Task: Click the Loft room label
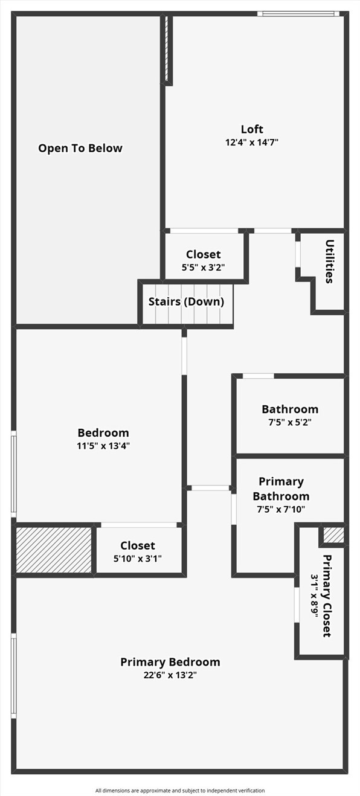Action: click(252, 129)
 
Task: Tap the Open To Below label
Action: click(80, 148)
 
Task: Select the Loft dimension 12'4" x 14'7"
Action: click(252, 143)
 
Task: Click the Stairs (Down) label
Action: click(186, 301)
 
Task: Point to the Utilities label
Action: click(329, 262)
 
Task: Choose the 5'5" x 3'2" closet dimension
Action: click(203, 268)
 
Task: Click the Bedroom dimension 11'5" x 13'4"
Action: click(103, 446)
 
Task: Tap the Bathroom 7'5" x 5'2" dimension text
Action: click(290, 422)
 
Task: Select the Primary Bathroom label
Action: click(281, 489)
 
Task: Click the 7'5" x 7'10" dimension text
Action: click(281, 509)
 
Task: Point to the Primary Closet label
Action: click(327, 595)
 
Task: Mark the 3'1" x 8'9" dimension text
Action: click(315, 595)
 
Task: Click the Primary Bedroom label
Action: click(170, 662)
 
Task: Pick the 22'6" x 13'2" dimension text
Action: click(170, 675)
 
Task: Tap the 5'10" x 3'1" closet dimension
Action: click(138, 559)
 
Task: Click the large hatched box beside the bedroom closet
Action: click(54, 550)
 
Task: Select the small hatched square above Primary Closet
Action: click(333, 535)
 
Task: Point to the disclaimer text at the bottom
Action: click(180, 791)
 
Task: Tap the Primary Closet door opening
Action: click(297, 605)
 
